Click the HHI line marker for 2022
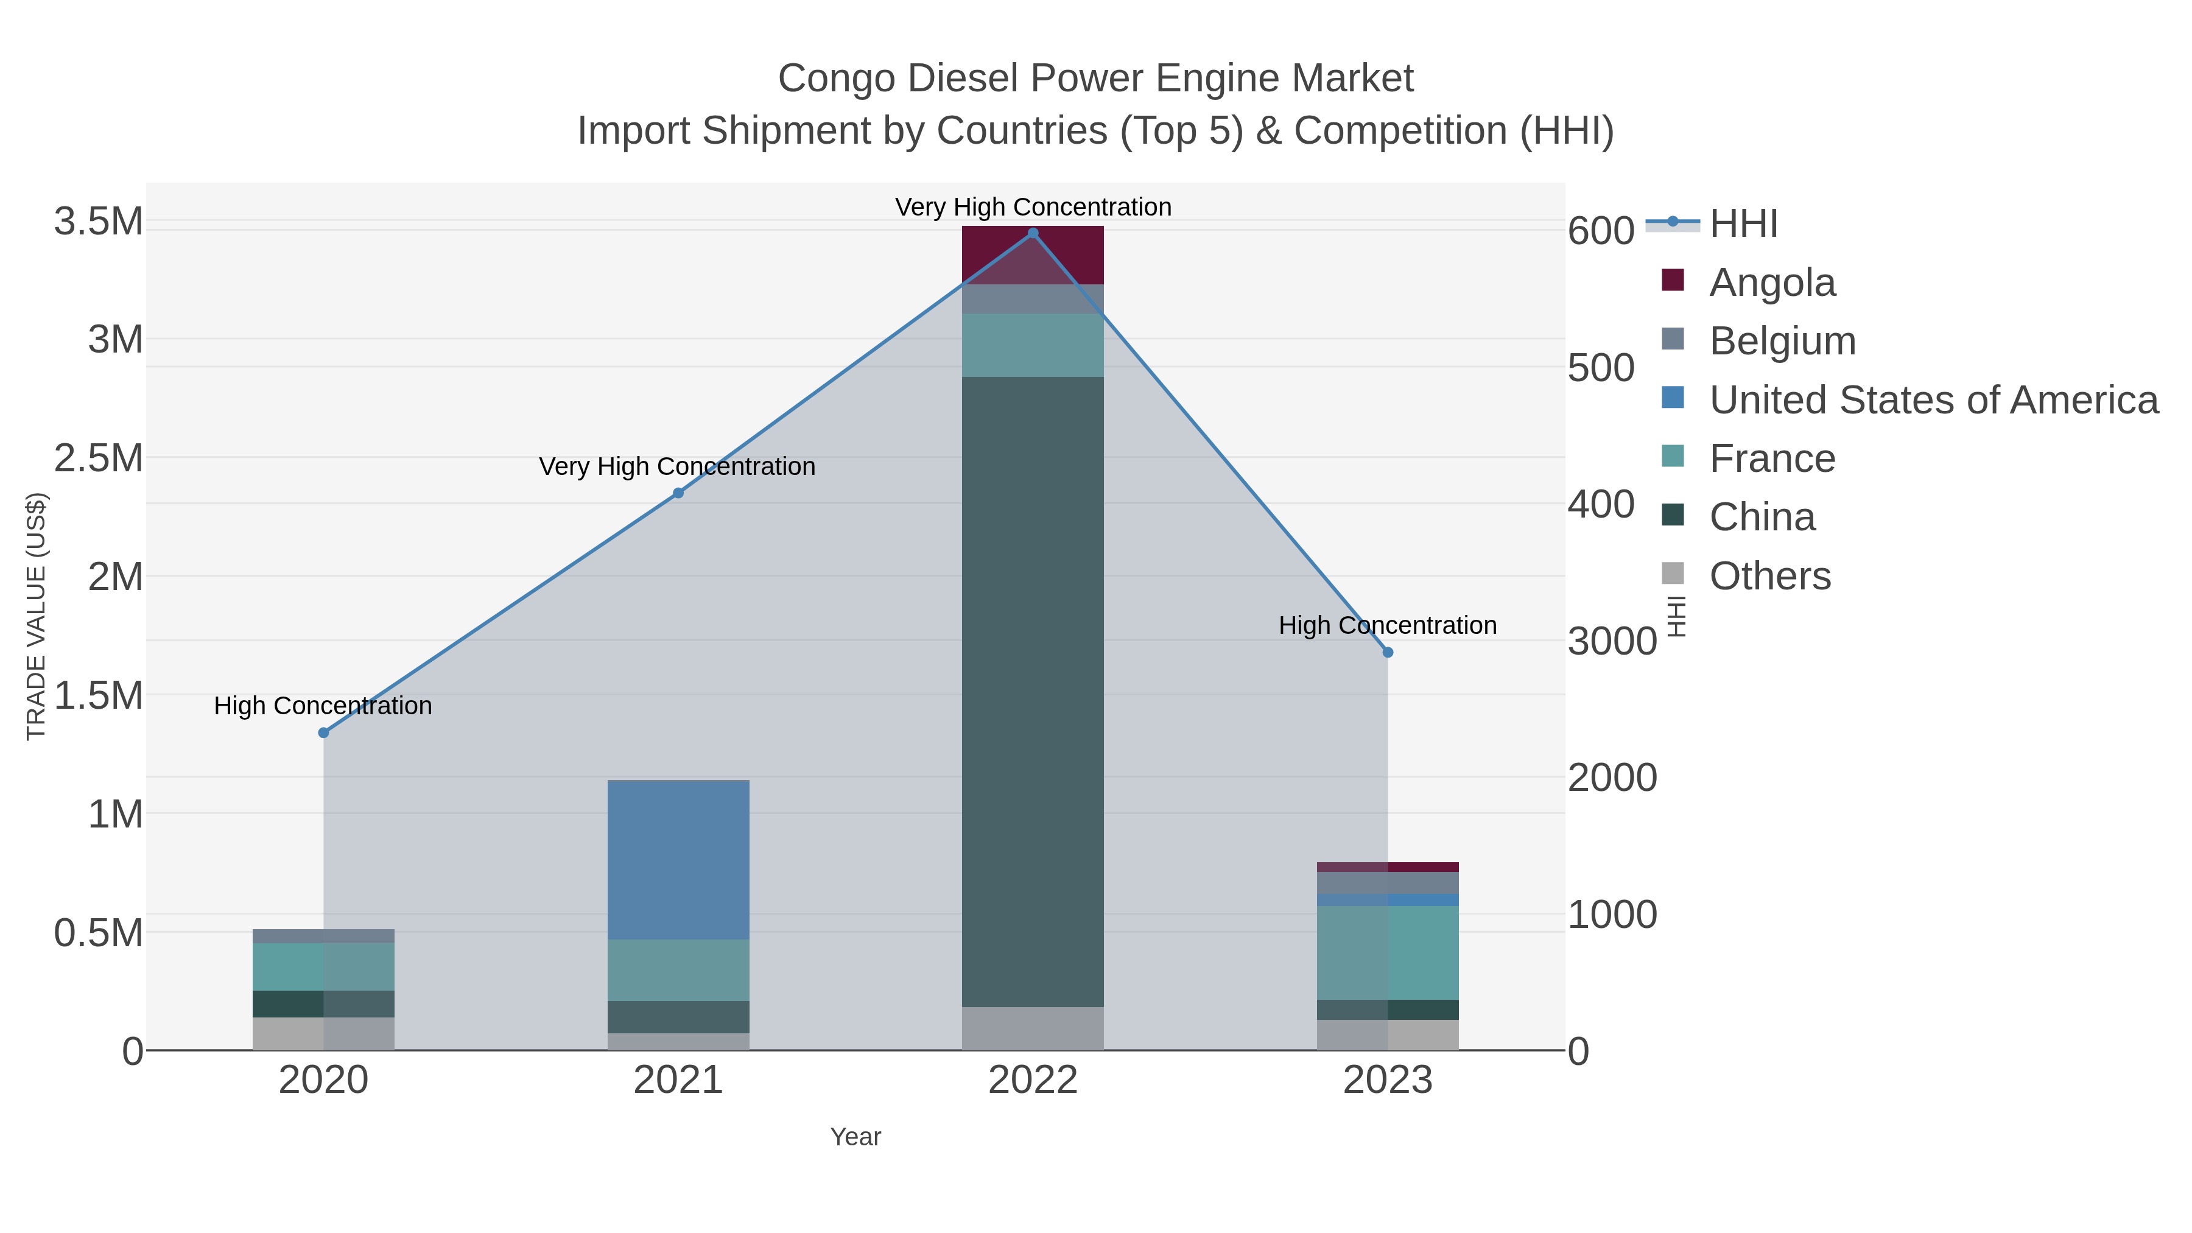pos(1033,233)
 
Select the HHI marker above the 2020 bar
pos(323,732)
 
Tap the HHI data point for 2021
pos(678,493)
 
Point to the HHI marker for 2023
pos(1388,652)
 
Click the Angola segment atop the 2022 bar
pos(1033,255)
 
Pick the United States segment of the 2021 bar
pos(678,859)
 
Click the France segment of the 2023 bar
pos(1388,952)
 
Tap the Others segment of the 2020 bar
pos(323,1033)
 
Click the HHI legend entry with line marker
pos(1743,224)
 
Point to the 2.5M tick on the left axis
pos(99,458)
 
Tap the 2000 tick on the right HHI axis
pos(1612,778)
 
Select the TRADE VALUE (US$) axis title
pos(36,616)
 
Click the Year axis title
pos(855,1137)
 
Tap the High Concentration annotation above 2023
pos(1387,625)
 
